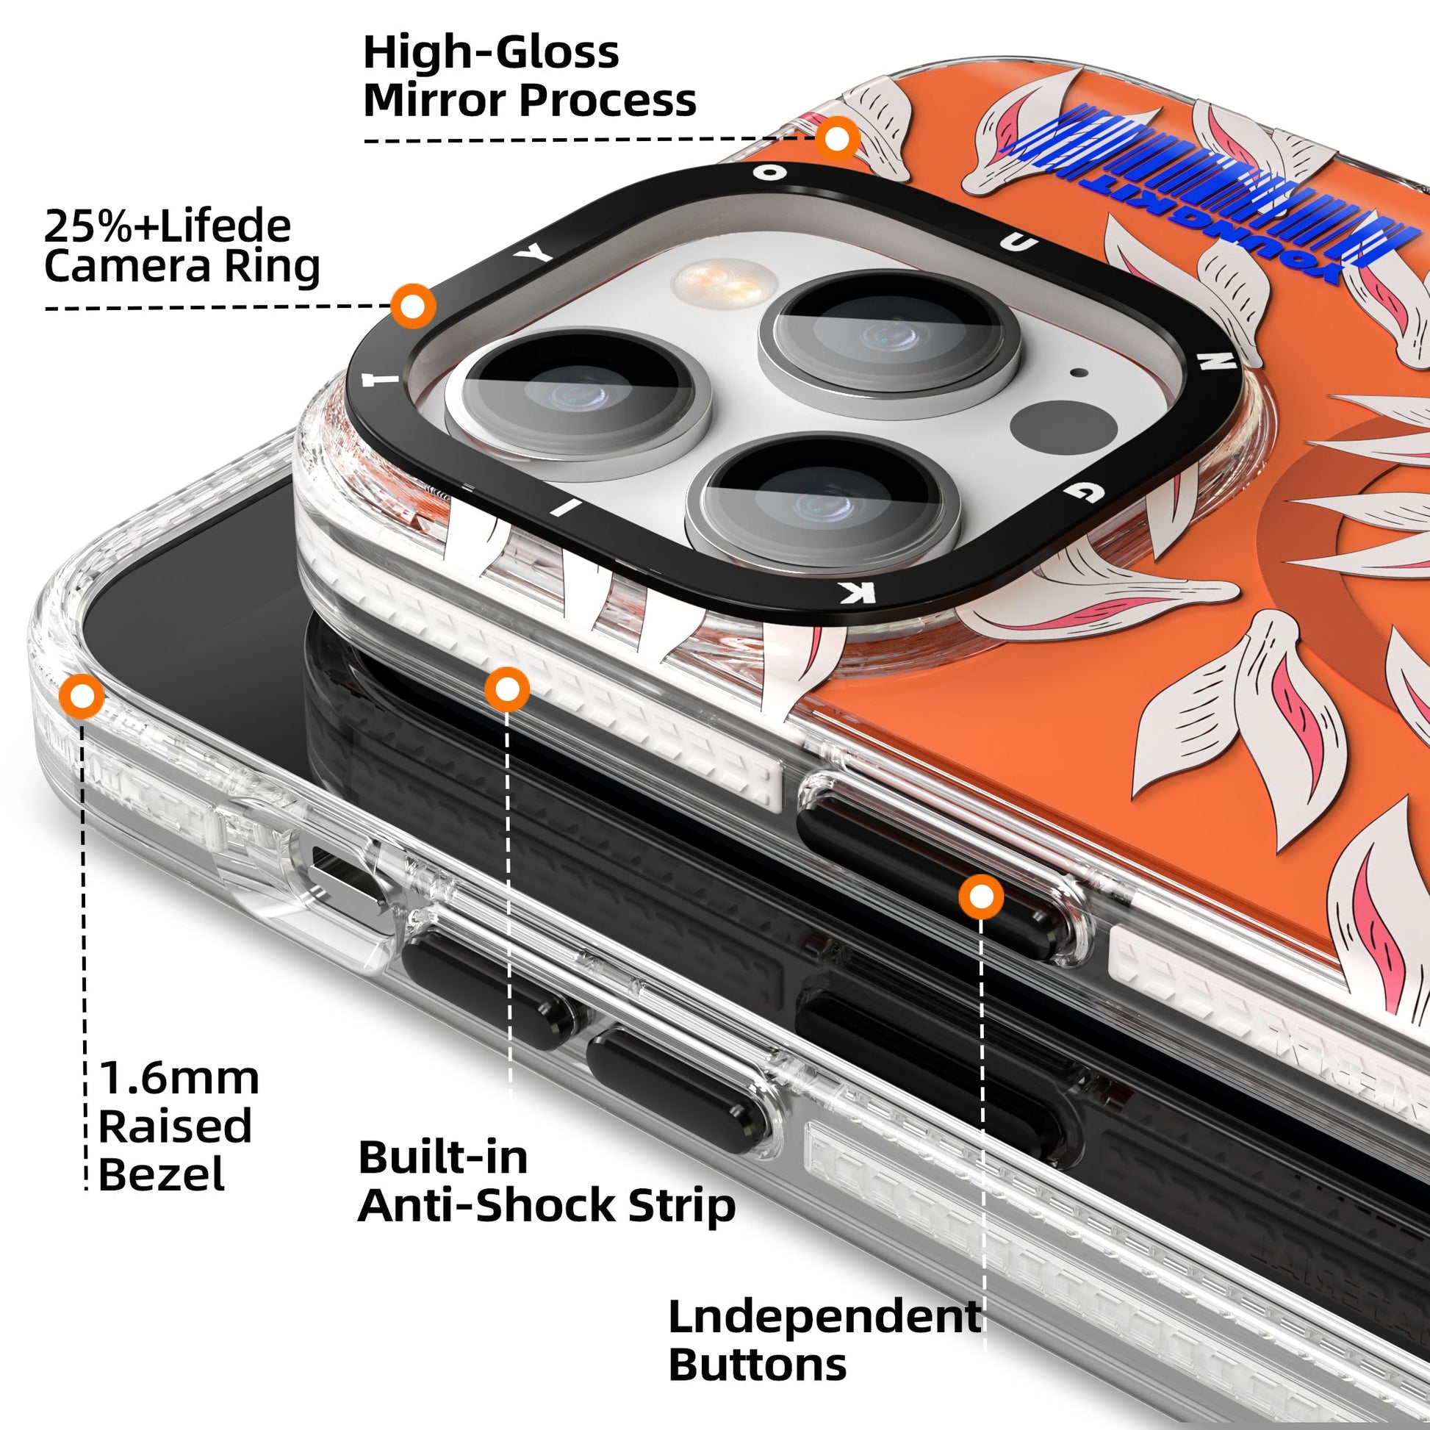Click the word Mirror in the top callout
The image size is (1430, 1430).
(436, 101)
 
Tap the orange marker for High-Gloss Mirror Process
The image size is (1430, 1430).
(837, 138)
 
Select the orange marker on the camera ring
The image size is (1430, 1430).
(413, 306)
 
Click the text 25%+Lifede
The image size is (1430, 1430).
(168, 226)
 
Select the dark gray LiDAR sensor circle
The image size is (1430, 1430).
(1063, 428)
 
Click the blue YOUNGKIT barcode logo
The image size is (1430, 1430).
(1207, 196)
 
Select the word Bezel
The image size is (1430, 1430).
(162, 1174)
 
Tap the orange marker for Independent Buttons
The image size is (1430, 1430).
(981, 897)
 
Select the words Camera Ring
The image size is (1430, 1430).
(182, 267)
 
